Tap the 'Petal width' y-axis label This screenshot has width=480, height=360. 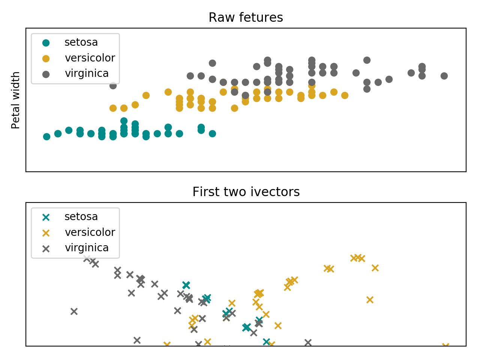(16, 100)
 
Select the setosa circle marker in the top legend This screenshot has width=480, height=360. (46, 43)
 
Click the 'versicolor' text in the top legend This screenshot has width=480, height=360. (90, 58)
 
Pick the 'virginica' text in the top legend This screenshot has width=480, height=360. (87, 73)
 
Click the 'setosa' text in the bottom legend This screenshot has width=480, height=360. (81, 217)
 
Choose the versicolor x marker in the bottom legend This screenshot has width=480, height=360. (46, 233)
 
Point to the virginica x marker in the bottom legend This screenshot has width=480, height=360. (46, 248)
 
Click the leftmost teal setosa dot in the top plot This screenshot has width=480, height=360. (46, 136)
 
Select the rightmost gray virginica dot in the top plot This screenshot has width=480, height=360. (444, 76)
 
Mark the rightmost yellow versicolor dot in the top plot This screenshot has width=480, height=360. (345, 95)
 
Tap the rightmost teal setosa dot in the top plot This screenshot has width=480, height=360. (212, 133)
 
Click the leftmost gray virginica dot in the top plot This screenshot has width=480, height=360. (113, 85)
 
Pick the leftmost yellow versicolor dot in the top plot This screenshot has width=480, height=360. (113, 108)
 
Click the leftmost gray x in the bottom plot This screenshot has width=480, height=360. (74, 311)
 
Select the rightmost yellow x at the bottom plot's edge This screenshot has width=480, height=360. (445, 346)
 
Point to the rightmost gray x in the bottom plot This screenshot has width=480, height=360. (308, 342)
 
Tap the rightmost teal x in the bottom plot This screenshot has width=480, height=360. (266, 342)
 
